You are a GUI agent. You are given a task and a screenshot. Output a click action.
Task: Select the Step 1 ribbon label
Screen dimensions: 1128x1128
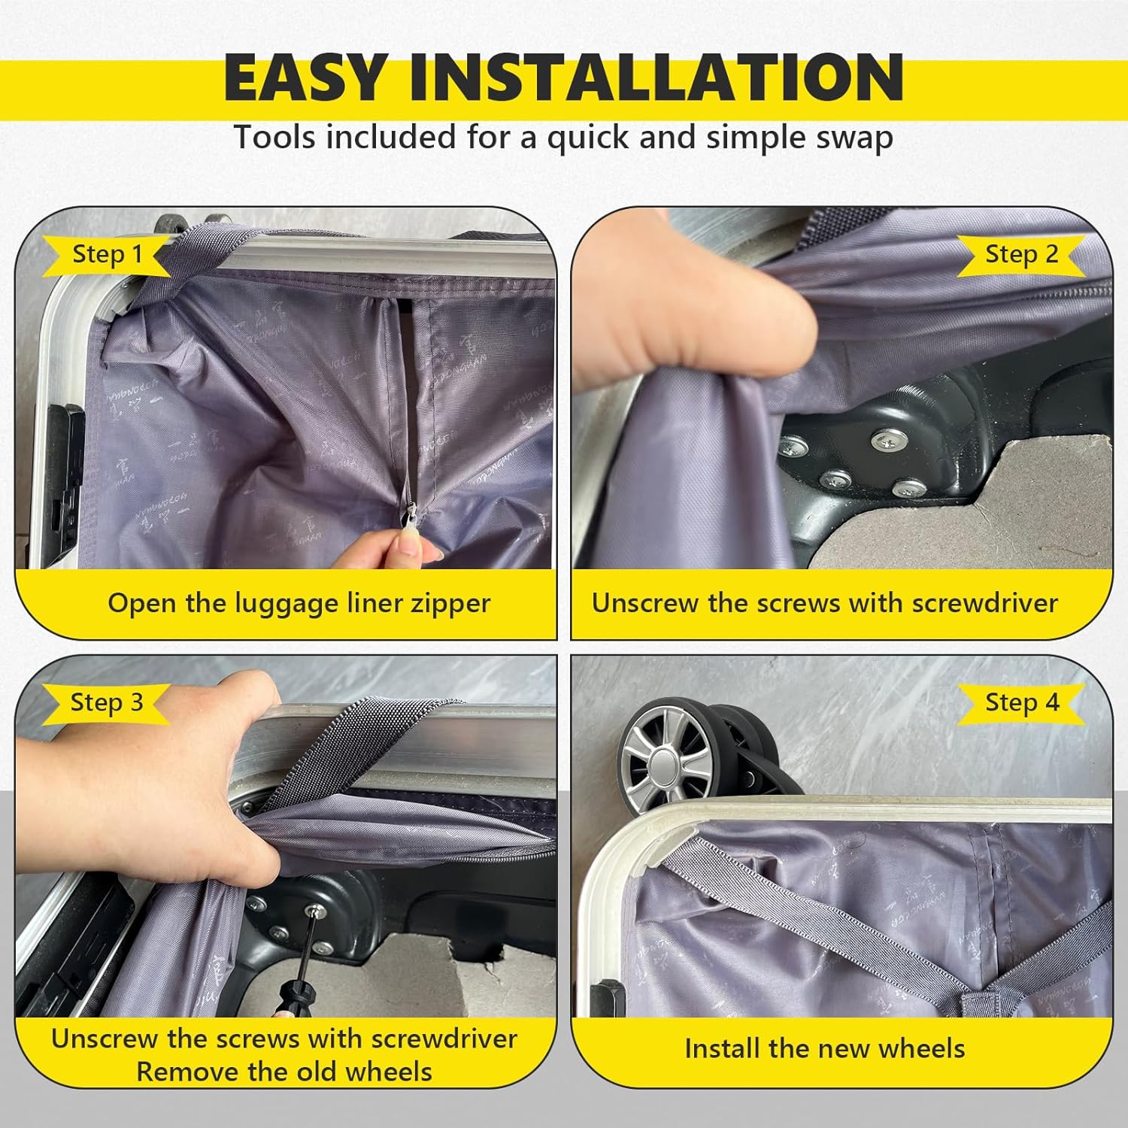point(107,255)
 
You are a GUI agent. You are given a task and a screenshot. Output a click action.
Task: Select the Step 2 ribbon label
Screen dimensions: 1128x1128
point(1021,255)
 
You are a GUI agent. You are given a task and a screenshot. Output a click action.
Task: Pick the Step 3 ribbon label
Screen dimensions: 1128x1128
point(107,703)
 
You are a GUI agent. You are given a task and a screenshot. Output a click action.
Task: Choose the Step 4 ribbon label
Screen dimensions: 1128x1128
point(1021,703)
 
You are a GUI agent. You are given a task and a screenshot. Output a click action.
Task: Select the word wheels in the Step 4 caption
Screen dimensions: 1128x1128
point(922,1048)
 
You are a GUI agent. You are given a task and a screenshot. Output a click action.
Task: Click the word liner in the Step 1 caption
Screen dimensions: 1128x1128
point(370,603)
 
